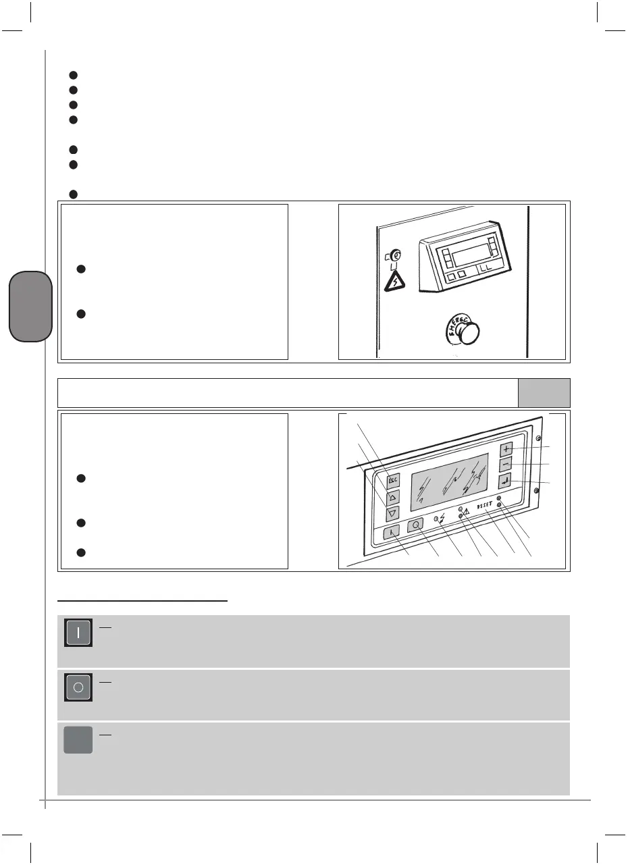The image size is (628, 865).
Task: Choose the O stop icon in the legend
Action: [x=78, y=687]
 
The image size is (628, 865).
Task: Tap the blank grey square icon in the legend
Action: [x=78, y=741]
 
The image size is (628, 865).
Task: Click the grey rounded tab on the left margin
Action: [x=30, y=307]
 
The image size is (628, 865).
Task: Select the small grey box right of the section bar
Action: [x=544, y=393]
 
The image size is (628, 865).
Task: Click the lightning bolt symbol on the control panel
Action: [x=441, y=520]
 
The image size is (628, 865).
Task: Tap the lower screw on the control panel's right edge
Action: [x=537, y=490]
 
